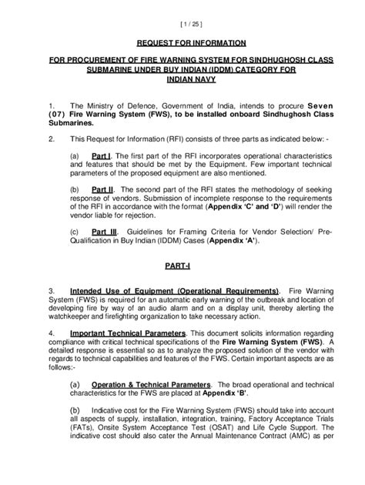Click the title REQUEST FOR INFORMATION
pos(182,43)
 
